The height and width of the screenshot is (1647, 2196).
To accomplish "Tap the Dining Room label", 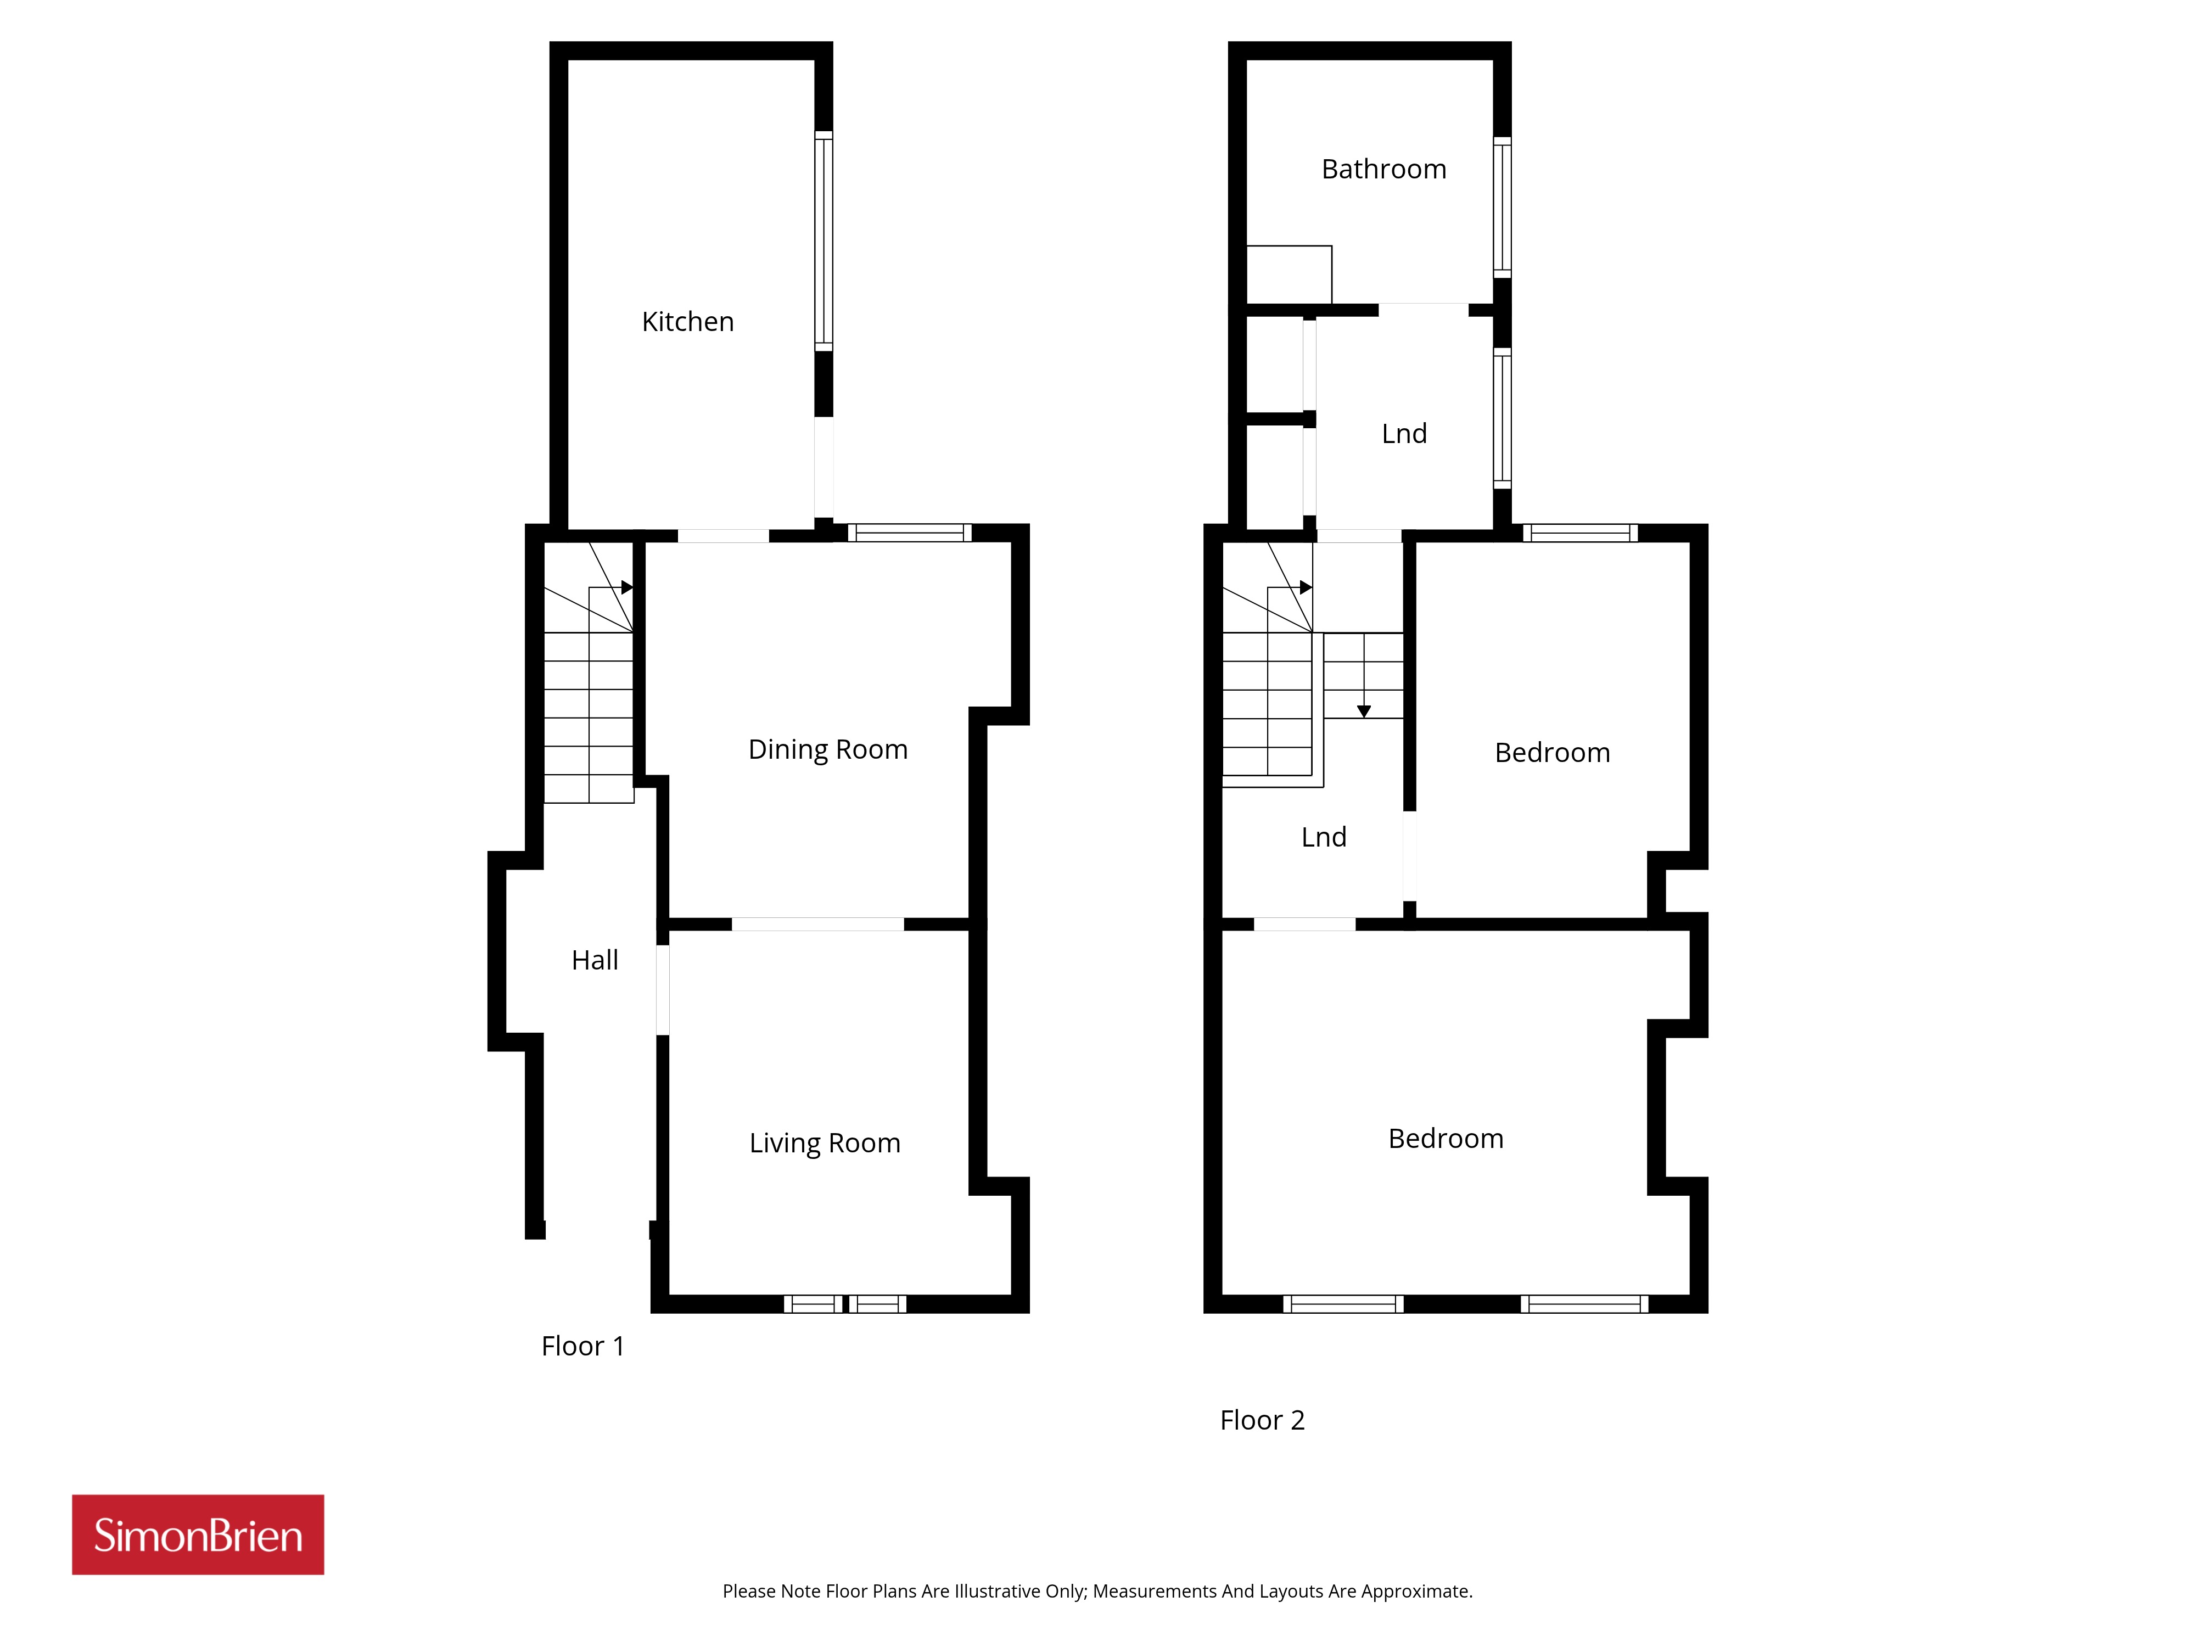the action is pyautogui.click(x=828, y=749).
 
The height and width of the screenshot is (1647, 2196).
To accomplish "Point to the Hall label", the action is pyautogui.click(x=595, y=960).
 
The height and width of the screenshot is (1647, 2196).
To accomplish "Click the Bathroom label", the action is pyautogui.click(x=1384, y=170).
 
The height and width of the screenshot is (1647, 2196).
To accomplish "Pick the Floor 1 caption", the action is pyautogui.click(x=582, y=1346).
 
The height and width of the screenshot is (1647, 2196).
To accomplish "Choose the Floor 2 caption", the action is pyautogui.click(x=1262, y=1421).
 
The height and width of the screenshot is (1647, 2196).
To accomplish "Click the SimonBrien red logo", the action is pyautogui.click(x=198, y=1535).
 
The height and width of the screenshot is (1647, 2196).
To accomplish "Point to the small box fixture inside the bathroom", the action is pyautogui.click(x=1289, y=274).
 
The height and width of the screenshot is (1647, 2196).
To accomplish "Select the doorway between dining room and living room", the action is pyautogui.click(x=818, y=925).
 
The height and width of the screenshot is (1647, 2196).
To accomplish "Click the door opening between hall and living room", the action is pyautogui.click(x=662, y=990).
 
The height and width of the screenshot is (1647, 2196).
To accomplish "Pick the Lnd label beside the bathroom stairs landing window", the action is pyautogui.click(x=1404, y=434).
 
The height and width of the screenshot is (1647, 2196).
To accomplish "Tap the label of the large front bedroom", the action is pyautogui.click(x=1446, y=1139).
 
